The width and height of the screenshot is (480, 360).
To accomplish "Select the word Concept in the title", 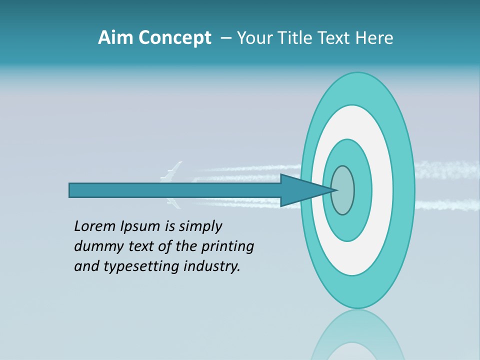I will point(174,38).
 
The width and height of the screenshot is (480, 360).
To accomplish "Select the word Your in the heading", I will point(253,38).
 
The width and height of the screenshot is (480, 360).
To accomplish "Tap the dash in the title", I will point(225,38).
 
